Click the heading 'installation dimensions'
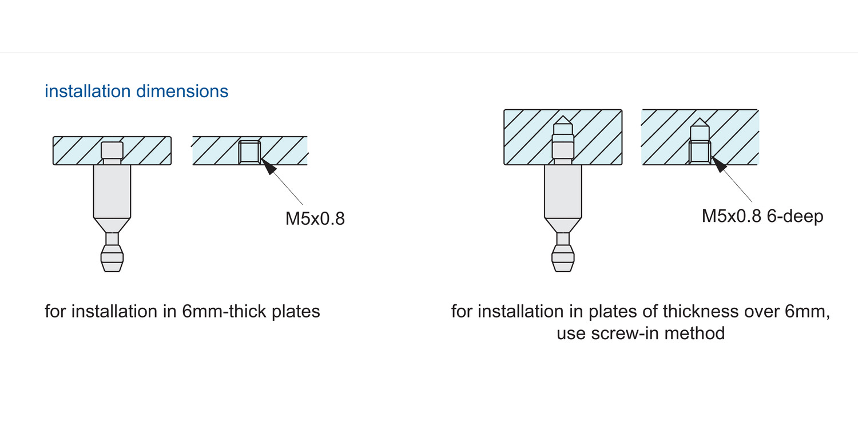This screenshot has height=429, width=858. pyautogui.click(x=136, y=92)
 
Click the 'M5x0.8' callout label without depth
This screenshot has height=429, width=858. pyautogui.click(x=315, y=219)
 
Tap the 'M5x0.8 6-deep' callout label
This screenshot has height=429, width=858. pyautogui.click(x=762, y=216)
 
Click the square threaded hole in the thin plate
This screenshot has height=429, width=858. pyautogui.click(x=249, y=153)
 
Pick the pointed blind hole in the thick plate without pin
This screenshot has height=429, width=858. pyautogui.click(x=700, y=141)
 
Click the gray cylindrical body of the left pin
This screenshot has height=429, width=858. pyautogui.click(x=112, y=192)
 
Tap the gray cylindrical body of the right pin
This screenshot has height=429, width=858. pyautogui.click(x=563, y=192)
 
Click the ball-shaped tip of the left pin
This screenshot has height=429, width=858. pyautogui.click(x=112, y=259)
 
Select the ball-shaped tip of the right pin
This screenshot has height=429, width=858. pyautogui.click(x=563, y=259)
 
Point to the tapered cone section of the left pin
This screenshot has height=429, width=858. pyautogui.click(x=112, y=225)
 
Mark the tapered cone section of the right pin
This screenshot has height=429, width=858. pyautogui.click(x=563, y=225)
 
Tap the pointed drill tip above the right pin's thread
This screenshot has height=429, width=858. pyautogui.click(x=563, y=120)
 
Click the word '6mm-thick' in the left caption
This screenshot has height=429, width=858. pyautogui.click(x=224, y=311)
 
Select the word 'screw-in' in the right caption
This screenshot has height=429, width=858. pyautogui.click(x=625, y=333)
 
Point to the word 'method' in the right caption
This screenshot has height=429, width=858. pyautogui.click(x=694, y=333)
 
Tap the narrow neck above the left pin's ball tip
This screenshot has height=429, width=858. pyautogui.click(x=112, y=239)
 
